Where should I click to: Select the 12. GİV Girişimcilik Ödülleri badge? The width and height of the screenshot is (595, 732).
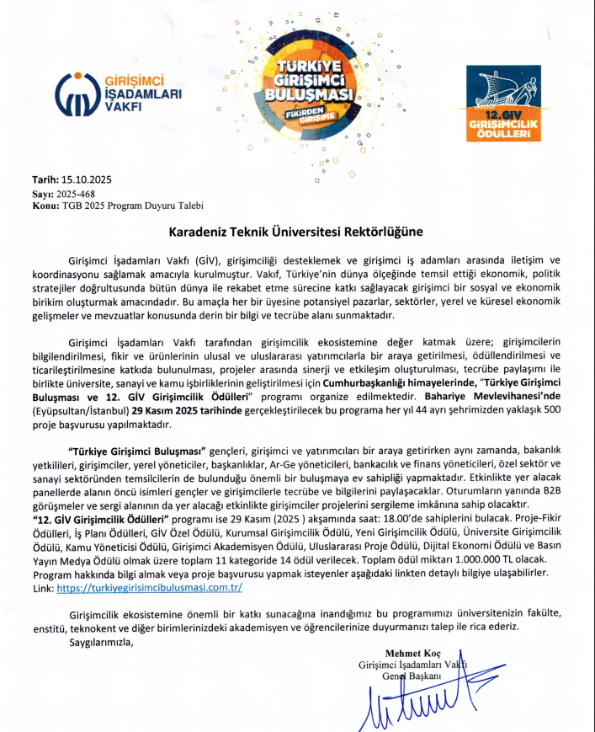(504, 104)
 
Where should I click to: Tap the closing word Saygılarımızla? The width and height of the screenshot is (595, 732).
(102, 642)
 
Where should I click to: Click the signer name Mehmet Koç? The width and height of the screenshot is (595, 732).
(412, 654)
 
